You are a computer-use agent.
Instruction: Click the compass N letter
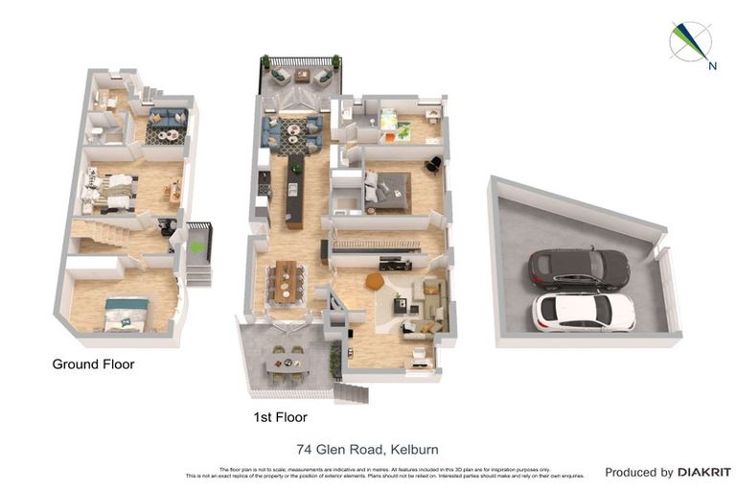pos(712,66)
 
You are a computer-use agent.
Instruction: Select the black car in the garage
pos(579,269)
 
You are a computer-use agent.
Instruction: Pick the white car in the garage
pos(584,312)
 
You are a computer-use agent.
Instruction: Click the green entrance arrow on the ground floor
pos(197,247)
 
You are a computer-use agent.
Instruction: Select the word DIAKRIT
pos(703,472)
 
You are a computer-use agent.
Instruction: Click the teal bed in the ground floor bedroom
pos(126,314)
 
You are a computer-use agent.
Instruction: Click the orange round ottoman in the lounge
pos(374,281)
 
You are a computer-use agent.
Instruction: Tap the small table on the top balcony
pos(302,74)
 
